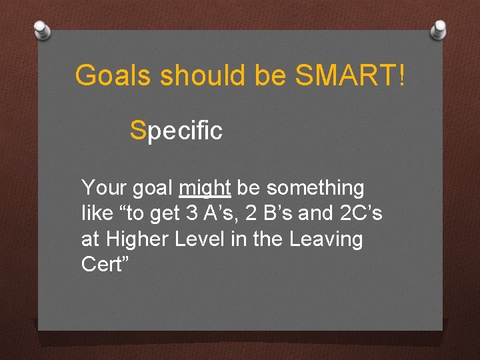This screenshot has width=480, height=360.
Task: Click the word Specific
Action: [177, 131]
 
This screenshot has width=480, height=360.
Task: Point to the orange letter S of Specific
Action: [138, 130]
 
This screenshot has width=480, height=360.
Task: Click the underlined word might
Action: [205, 189]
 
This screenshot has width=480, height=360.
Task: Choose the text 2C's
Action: [360, 214]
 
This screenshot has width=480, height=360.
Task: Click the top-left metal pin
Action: [42, 29]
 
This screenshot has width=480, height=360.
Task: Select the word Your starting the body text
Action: [103, 189]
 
